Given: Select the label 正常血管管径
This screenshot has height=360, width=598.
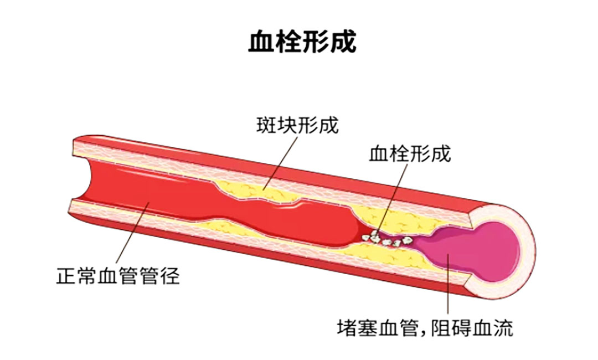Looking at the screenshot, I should tap(118, 275).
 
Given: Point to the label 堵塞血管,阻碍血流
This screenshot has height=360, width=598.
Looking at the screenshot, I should tap(425, 328).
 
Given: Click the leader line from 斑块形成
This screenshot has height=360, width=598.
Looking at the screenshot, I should tap(277, 161).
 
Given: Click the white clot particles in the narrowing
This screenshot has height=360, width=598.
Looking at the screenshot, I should tap(388, 239).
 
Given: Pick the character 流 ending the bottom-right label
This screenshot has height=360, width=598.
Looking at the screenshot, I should tap(503, 328).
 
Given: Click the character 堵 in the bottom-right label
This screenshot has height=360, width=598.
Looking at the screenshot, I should tap(347, 328).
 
